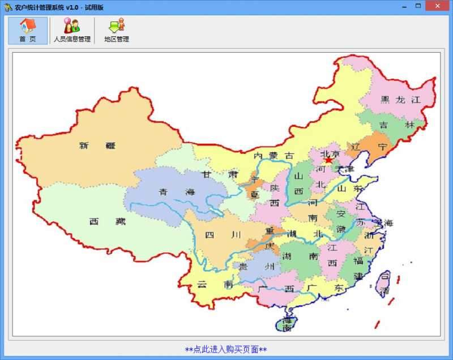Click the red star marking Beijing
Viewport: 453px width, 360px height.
point(328,160)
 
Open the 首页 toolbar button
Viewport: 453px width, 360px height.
point(28,31)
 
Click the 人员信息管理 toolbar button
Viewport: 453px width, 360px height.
point(72,31)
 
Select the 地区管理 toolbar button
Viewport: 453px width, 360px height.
point(116,31)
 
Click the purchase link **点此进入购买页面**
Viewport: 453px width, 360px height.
point(226,349)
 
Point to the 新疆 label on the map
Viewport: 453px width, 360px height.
point(97,145)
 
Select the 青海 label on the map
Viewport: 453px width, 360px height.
point(176,191)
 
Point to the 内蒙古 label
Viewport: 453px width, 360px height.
point(274,155)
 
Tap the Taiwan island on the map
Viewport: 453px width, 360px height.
point(383,282)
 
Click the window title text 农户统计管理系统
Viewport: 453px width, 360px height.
point(39,7)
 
